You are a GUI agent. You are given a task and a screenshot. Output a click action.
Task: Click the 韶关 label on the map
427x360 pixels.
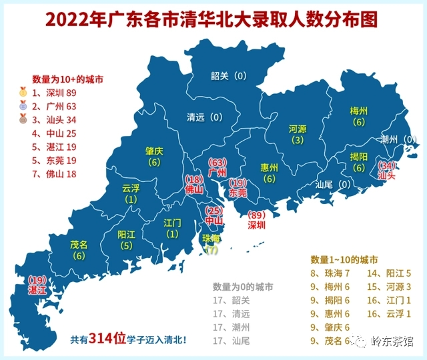220,76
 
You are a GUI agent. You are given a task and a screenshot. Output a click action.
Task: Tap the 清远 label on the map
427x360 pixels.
195,117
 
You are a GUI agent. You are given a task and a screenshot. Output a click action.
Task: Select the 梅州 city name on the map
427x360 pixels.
359,111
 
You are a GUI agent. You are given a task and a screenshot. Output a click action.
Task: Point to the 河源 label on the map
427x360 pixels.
298,128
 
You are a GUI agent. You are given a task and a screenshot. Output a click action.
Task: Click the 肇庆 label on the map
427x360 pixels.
155,151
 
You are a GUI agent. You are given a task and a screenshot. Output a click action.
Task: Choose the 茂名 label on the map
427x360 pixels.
79,245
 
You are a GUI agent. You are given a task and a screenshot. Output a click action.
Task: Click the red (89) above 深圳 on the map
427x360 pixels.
256,215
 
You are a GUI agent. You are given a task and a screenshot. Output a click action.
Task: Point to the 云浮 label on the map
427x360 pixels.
131,188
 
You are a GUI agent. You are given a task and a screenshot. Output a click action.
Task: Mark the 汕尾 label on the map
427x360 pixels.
324,185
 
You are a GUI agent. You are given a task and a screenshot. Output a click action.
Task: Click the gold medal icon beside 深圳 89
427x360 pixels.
23,93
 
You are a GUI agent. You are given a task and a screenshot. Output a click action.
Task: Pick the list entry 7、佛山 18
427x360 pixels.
53,174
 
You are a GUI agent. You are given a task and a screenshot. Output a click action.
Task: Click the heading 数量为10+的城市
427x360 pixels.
67,79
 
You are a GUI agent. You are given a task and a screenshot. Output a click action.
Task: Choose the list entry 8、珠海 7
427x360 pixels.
334,273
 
